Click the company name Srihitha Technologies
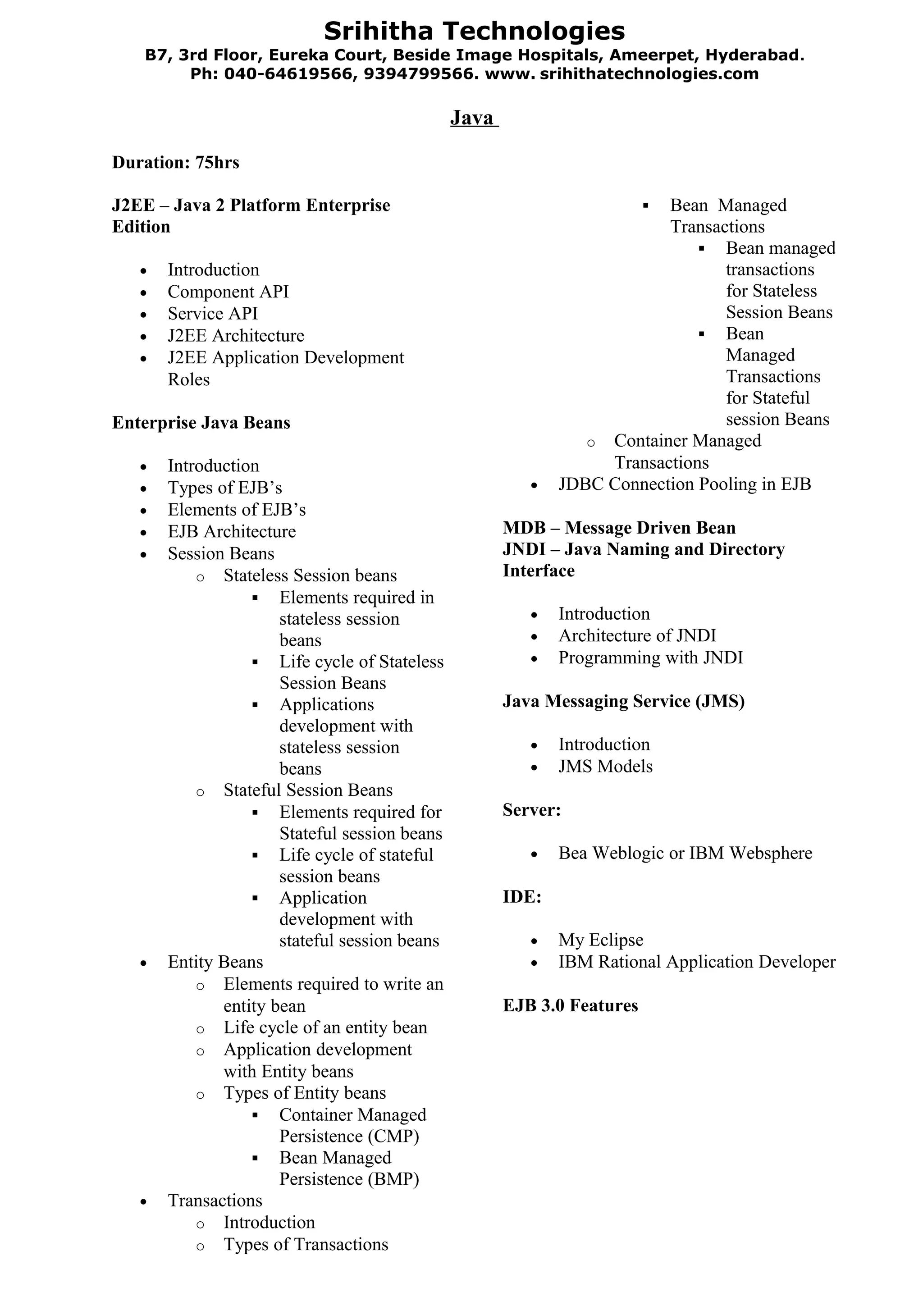click(x=474, y=31)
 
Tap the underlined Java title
click(x=472, y=118)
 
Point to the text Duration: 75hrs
click(x=175, y=163)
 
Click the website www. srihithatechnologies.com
click(x=621, y=74)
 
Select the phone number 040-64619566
click(x=288, y=74)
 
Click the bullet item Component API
click(x=228, y=292)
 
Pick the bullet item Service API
click(x=212, y=313)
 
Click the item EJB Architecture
click(x=232, y=531)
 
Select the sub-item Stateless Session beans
click(x=310, y=575)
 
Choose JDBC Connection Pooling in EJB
click(x=684, y=484)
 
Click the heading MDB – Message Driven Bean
click(x=619, y=528)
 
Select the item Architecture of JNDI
click(x=637, y=635)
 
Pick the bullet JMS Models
click(x=605, y=766)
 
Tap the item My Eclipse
click(x=601, y=940)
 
